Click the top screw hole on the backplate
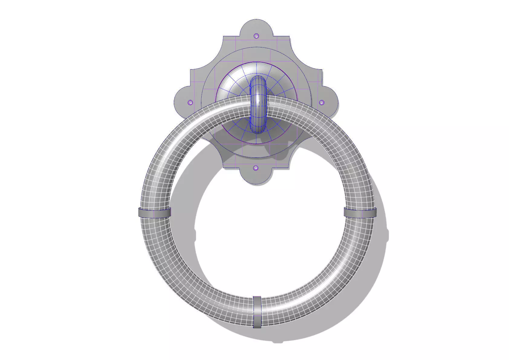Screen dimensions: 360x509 click(x=256, y=36)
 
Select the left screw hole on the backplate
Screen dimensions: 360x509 click(x=190, y=102)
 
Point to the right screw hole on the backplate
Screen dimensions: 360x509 click(x=322, y=102)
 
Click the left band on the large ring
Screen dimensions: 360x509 click(x=155, y=212)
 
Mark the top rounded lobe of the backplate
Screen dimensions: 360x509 click(x=256, y=27)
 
